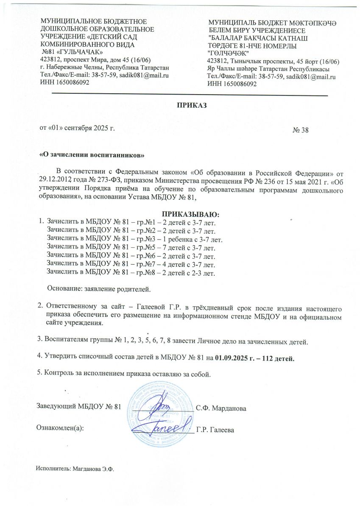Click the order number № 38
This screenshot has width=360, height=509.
[301, 130]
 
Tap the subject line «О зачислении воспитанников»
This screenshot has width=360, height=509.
[92, 155]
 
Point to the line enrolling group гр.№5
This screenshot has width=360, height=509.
[131, 247]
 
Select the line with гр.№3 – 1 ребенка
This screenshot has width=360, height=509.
[135, 239]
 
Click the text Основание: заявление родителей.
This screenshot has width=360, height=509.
[99, 289]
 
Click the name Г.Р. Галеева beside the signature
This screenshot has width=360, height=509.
[215, 430]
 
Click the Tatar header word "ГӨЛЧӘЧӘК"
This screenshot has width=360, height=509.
[228, 52]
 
